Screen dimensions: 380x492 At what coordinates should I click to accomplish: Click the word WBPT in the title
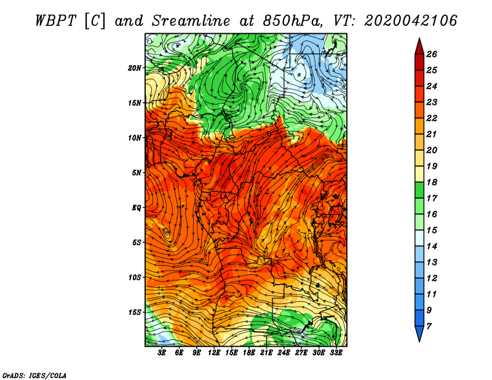coord(55,20)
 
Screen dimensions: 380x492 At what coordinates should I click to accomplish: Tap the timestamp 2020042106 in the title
coord(411,20)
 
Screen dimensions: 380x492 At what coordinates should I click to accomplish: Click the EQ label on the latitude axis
coord(137,208)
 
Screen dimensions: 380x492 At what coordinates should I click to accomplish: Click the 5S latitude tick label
coord(137,242)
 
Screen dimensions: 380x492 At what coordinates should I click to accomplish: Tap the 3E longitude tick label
coord(162,353)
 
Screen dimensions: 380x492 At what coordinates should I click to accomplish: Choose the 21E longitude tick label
coord(267,353)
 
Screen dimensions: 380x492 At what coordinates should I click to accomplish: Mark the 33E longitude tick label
coord(336,353)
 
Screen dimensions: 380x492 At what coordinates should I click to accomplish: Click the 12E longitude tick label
coord(215,353)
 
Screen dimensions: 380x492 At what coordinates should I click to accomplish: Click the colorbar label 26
coord(432,54)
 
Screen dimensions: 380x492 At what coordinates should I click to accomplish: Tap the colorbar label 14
coord(432,245)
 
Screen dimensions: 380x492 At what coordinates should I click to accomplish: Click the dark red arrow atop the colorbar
coord(418,46)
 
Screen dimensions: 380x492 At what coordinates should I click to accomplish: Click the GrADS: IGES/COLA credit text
coord(34,374)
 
